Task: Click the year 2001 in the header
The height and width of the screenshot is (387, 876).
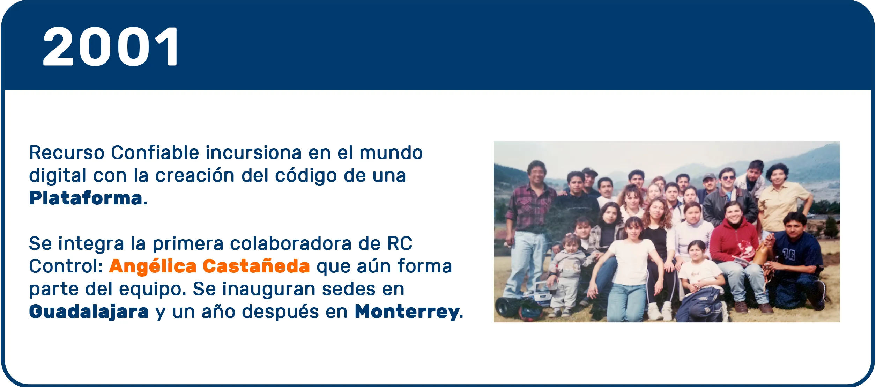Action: [111, 46]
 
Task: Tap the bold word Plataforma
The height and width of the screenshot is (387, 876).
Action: [86, 198]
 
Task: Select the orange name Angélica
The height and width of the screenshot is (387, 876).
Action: [153, 266]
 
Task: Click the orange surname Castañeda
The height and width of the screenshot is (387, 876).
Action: [256, 266]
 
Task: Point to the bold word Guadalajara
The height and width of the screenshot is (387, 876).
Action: [89, 312]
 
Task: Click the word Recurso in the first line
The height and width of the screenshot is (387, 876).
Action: [67, 153]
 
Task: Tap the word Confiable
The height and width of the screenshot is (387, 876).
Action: [155, 153]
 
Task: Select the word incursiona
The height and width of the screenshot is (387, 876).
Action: [253, 153]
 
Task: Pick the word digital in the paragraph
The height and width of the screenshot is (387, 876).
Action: [58, 175]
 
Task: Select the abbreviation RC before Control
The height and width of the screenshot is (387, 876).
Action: [400, 243]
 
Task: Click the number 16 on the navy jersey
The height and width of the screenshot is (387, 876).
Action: [788, 254]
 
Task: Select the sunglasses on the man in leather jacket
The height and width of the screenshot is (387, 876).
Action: [728, 178]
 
